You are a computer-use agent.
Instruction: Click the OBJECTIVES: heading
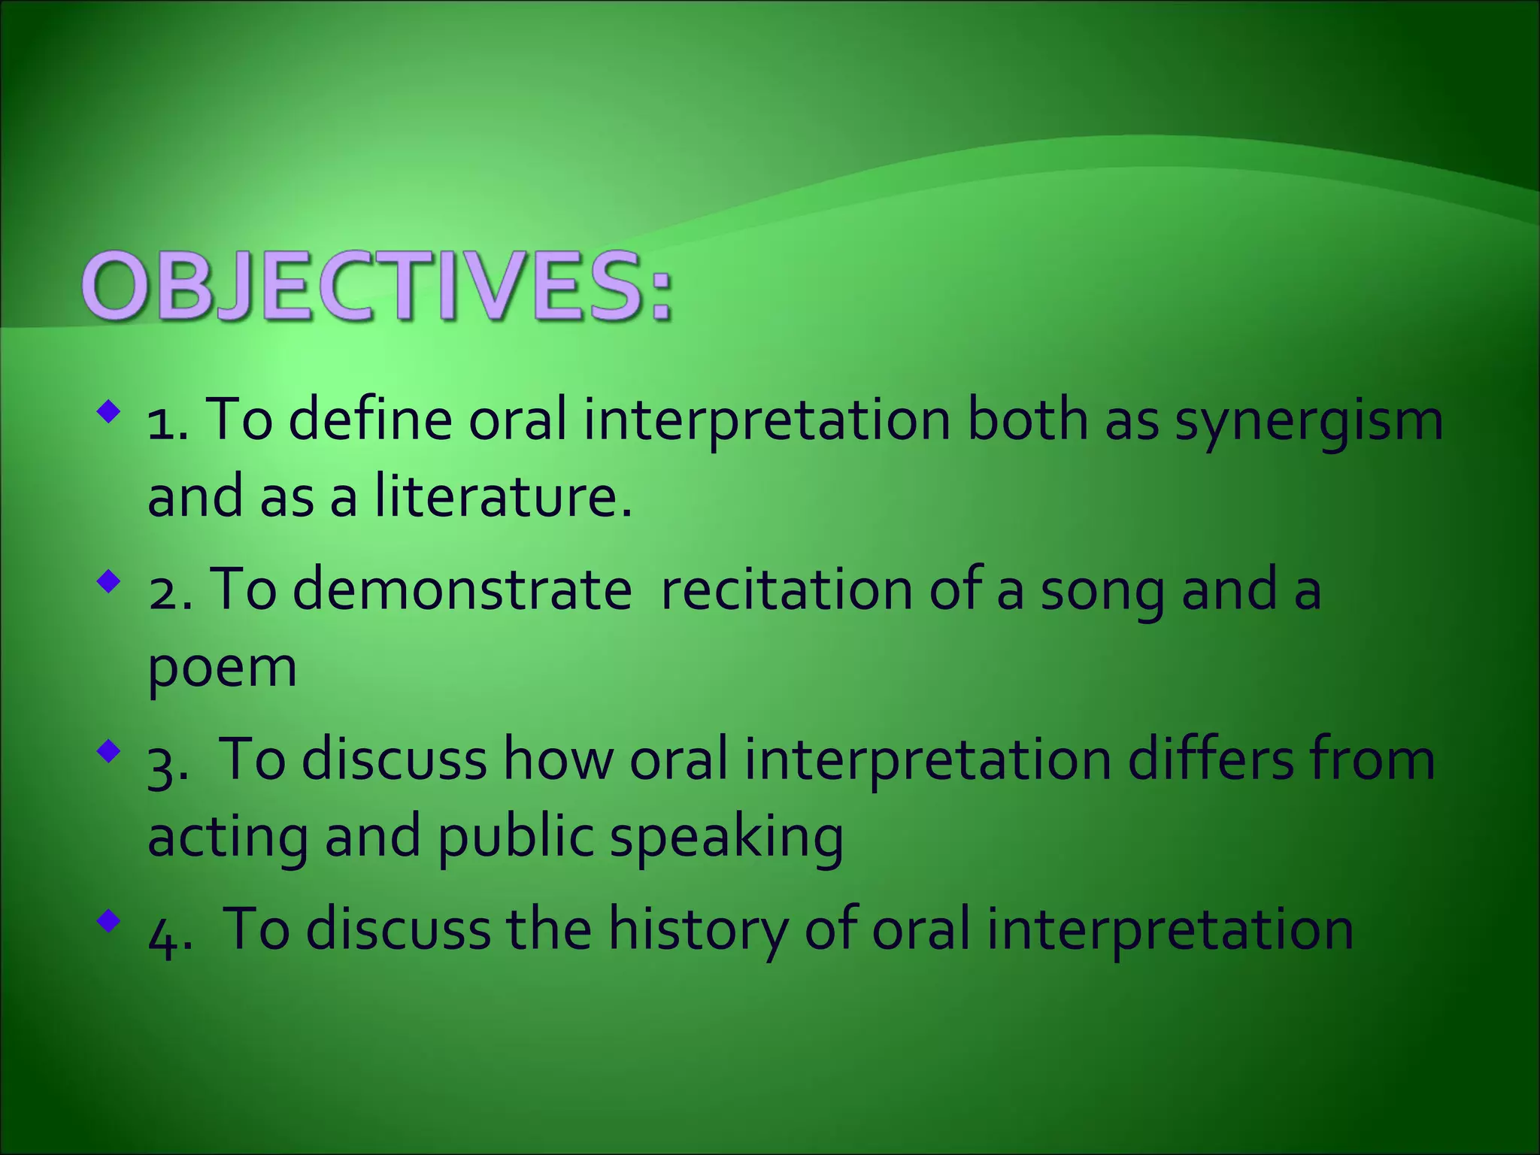[376, 287]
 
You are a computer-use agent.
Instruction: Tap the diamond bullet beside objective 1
[109, 411]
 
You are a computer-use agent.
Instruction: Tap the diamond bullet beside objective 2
[109, 581]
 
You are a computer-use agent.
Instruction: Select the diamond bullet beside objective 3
[109, 751]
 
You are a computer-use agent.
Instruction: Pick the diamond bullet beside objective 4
[109, 920]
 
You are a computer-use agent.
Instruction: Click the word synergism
[1308, 421]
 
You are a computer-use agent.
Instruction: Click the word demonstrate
[461, 590]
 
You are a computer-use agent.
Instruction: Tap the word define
[370, 421]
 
